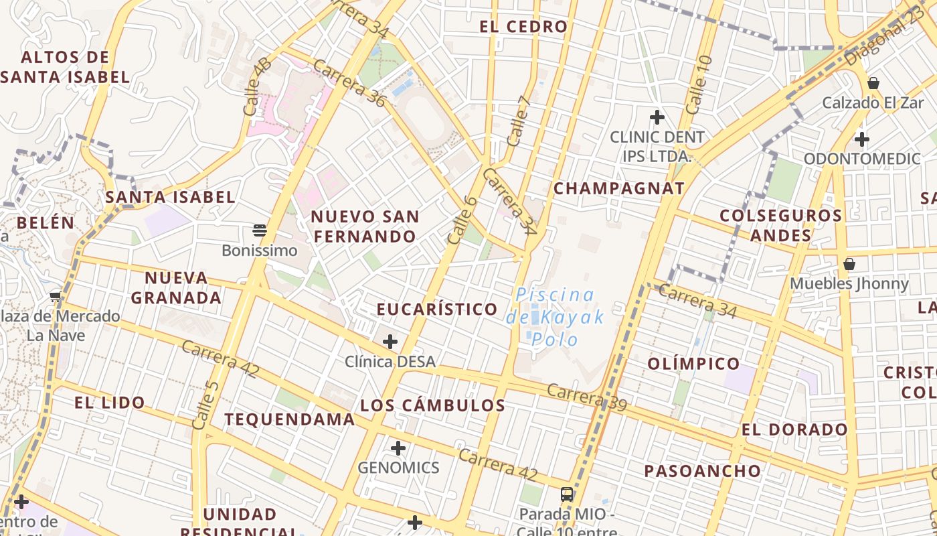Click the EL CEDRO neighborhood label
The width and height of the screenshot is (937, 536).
coord(523,27)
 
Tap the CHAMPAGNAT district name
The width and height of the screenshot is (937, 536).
coord(618,188)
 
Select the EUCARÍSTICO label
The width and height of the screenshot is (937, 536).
coord(437,309)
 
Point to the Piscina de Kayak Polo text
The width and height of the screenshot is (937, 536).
coord(555,317)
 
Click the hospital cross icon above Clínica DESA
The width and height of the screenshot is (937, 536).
coord(390,342)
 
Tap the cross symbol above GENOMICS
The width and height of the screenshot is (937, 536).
coord(398,448)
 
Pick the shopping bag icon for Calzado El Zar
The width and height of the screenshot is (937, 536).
coord(873,83)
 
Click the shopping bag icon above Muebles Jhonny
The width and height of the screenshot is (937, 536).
coord(849,264)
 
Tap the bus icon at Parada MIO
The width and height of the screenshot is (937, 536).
coord(566,494)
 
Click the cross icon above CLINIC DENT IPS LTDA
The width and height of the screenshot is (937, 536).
coord(657,117)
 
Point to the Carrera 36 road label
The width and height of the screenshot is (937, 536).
coord(349,83)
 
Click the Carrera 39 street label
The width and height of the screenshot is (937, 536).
coord(586,396)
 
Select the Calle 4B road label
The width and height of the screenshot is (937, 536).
coord(258,86)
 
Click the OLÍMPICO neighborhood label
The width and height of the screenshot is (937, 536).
coord(693,364)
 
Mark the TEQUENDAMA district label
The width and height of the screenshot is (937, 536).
coord(289,419)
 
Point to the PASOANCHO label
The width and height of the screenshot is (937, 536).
coord(702,471)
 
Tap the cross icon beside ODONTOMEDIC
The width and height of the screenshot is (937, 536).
coord(862,139)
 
